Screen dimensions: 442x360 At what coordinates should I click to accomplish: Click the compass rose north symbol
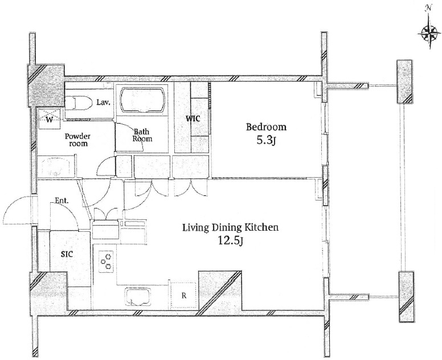pyautogui.click(x=429, y=32)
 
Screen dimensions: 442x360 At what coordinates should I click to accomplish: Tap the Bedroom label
pyautogui.click(x=266, y=127)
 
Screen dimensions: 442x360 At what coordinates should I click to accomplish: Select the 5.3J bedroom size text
pyautogui.click(x=265, y=140)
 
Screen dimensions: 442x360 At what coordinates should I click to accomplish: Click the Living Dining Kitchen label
pyautogui.click(x=231, y=227)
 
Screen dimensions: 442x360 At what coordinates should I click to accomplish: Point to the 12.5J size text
pyautogui.click(x=230, y=240)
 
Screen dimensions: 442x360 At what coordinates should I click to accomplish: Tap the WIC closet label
pyautogui.click(x=193, y=118)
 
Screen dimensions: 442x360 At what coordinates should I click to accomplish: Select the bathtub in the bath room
pyautogui.click(x=142, y=100)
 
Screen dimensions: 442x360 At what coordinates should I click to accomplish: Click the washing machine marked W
pyautogui.click(x=50, y=119)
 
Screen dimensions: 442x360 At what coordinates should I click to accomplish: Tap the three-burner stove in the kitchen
pyautogui.click(x=106, y=261)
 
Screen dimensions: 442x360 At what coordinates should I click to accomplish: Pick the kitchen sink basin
pyautogui.click(x=138, y=297)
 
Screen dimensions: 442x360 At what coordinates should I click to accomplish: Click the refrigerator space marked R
pyautogui.click(x=183, y=295)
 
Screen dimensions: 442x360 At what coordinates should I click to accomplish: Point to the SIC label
pyautogui.click(x=67, y=254)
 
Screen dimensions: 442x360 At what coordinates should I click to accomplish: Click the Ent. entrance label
pyautogui.click(x=62, y=201)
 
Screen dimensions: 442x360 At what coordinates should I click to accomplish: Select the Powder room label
pyautogui.click(x=78, y=140)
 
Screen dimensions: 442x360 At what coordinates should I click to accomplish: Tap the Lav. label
pyautogui.click(x=103, y=103)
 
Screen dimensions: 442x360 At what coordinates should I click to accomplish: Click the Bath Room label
pyautogui.click(x=142, y=135)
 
